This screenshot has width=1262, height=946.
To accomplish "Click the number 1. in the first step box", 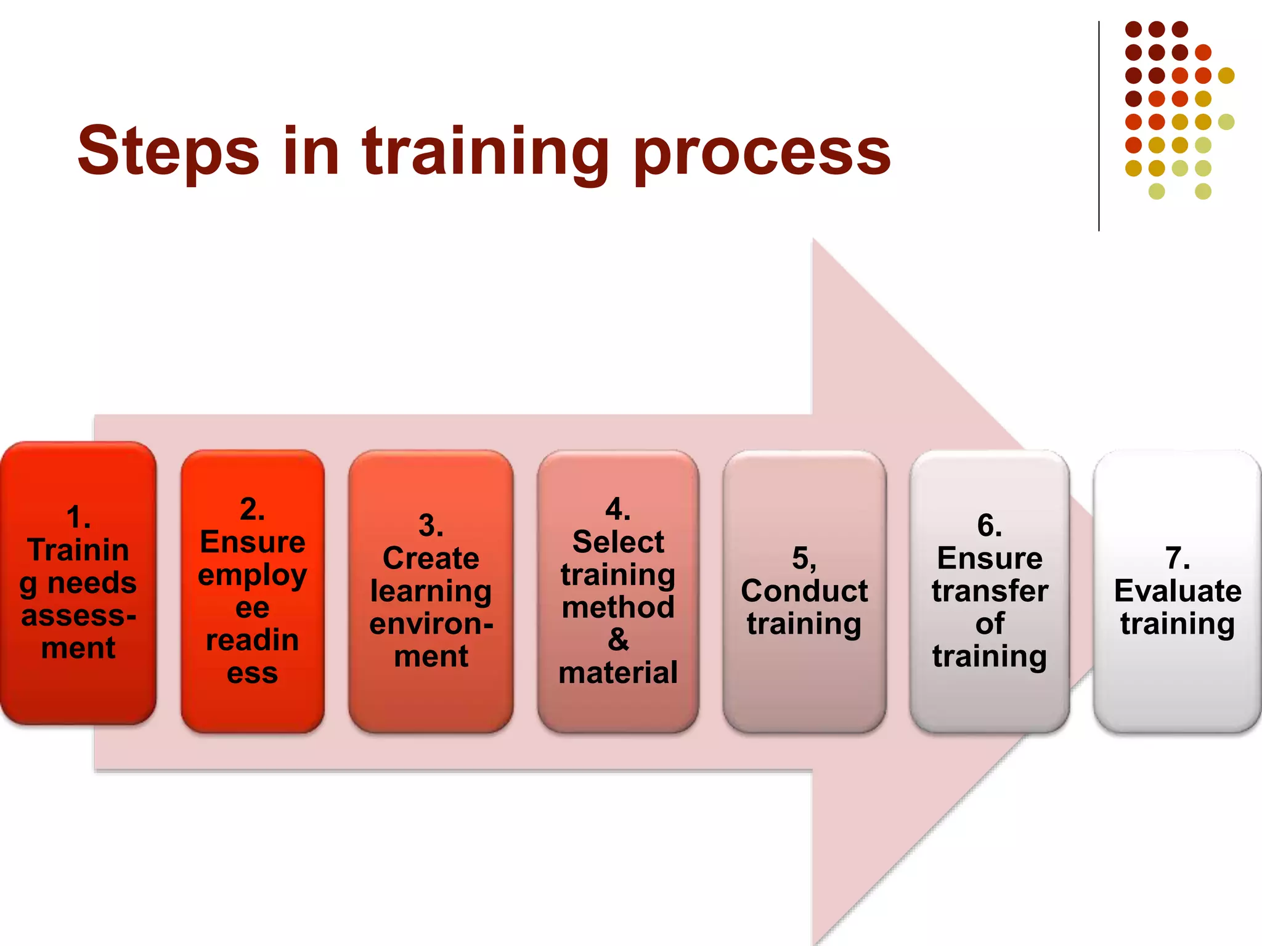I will point(79,517).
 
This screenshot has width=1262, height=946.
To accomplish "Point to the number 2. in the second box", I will point(253,509).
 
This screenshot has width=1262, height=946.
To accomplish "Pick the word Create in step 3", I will point(431,559).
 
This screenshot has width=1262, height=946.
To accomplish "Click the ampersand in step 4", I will point(618,640).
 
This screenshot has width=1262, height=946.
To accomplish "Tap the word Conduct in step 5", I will point(804,591).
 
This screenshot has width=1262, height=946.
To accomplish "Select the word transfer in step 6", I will point(990,591).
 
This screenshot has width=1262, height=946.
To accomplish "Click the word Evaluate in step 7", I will point(1178,591).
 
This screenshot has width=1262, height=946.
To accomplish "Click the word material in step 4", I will point(618,673).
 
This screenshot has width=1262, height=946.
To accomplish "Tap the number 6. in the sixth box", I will point(990,526).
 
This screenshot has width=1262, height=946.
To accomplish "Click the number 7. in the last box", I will point(1178,559).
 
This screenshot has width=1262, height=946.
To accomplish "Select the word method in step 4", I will point(618,608).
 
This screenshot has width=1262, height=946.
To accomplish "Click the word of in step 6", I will point(990,624).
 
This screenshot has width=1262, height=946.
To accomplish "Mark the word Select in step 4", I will point(618,542).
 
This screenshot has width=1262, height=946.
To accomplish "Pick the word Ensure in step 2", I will point(253,542).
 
